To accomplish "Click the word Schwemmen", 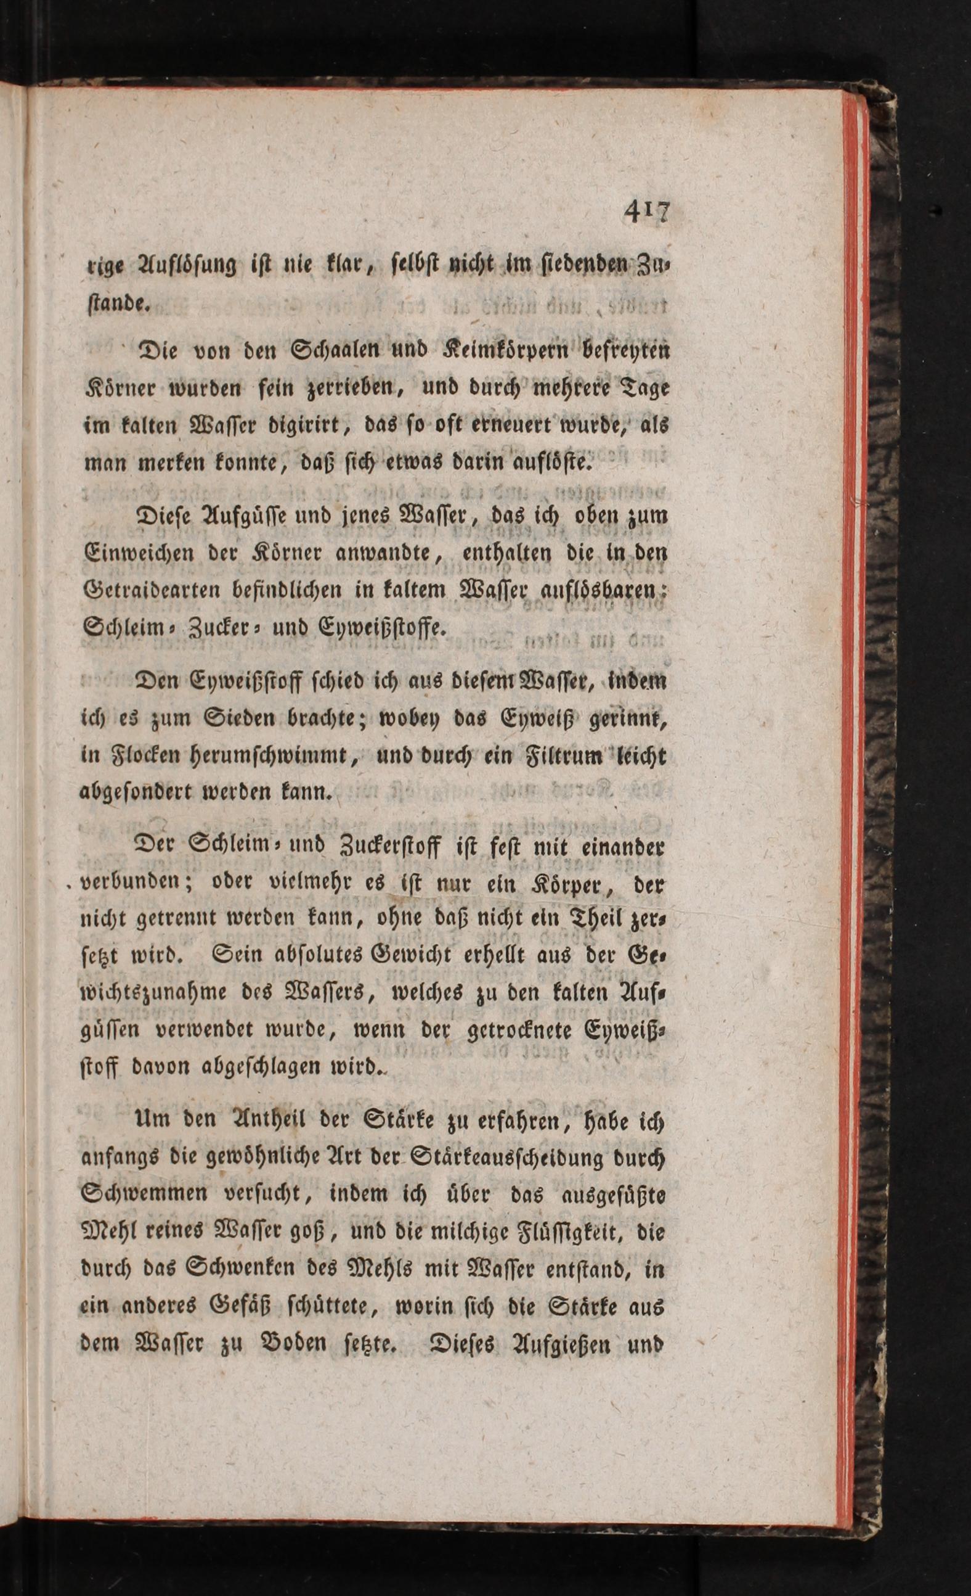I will point(144,1195).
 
